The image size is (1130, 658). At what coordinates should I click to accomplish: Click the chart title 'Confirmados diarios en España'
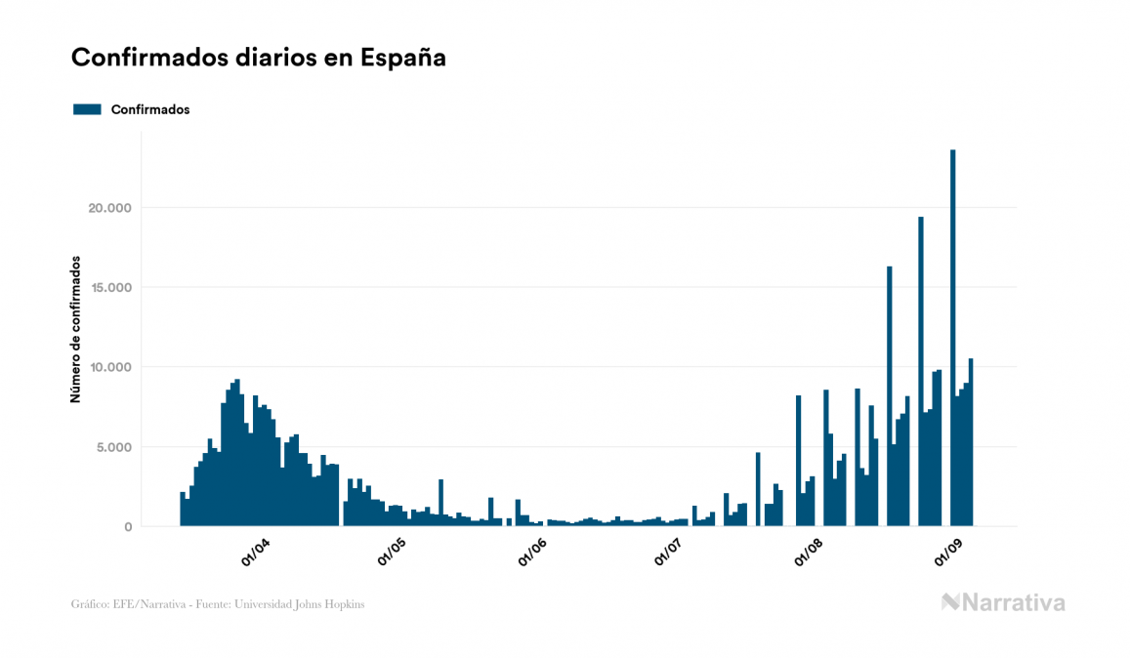(x=259, y=58)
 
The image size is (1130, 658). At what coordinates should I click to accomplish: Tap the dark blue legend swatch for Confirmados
(x=87, y=109)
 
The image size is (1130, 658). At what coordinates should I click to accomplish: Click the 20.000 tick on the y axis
(x=107, y=208)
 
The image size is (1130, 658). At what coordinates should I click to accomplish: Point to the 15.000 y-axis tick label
(x=107, y=288)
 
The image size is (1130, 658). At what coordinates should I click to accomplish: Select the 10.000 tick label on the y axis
(x=107, y=367)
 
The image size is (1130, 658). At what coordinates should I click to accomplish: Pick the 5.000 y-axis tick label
(x=111, y=447)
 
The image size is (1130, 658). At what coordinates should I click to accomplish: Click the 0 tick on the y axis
(x=128, y=527)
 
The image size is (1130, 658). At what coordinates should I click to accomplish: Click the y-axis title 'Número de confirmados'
(x=75, y=330)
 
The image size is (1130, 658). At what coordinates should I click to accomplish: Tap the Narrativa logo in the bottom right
(x=1003, y=602)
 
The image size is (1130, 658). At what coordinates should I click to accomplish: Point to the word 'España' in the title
(x=403, y=58)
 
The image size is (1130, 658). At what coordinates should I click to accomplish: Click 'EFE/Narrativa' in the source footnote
(x=144, y=604)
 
